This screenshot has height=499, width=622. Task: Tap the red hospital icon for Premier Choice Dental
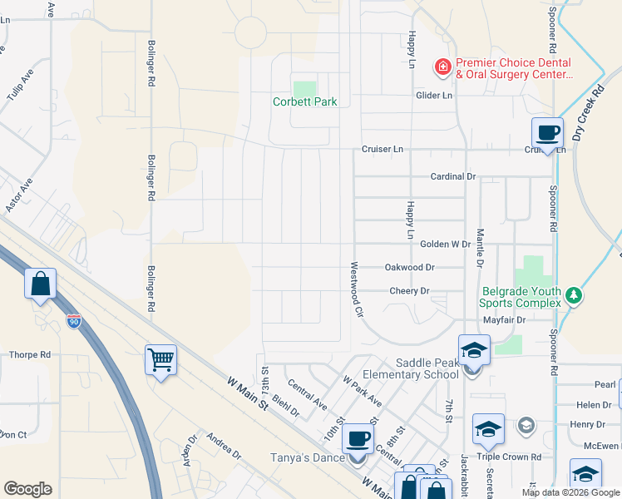tap(443, 66)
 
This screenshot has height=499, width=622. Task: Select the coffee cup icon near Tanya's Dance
tap(358, 438)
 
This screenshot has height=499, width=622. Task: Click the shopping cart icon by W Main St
tap(160, 360)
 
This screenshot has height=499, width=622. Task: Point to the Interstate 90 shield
tap(74, 321)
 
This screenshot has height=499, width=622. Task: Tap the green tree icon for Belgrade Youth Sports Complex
tap(572, 296)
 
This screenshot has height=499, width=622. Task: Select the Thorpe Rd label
tap(30, 355)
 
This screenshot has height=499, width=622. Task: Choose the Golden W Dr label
tap(446, 245)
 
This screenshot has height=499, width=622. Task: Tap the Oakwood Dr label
tap(410, 268)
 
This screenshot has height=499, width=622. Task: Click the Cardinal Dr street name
tap(452, 177)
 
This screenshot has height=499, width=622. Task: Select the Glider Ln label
tap(434, 96)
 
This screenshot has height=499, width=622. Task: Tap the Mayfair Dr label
tap(504, 319)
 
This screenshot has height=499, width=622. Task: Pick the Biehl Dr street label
tap(284, 404)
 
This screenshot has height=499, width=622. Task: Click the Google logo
tap(27, 489)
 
